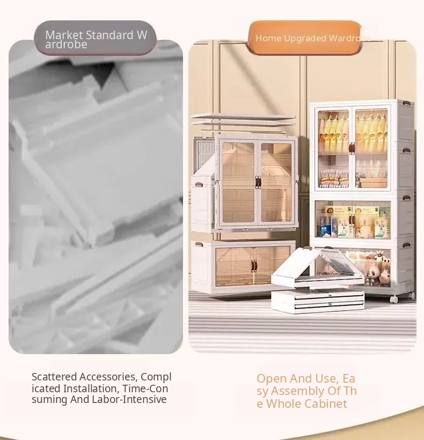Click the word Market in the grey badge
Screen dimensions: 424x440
tap(64, 35)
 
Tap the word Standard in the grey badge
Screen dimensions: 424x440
tap(109, 35)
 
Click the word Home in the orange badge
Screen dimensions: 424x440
tap(268, 38)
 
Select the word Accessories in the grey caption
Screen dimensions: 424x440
tap(108, 377)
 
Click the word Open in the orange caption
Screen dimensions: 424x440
tap(272, 379)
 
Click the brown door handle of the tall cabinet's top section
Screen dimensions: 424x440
tap(352, 148)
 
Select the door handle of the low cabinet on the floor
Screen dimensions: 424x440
tap(254, 266)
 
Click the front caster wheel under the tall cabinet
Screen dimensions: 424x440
tap(394, 299)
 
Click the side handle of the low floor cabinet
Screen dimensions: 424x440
tap(199, 244)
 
